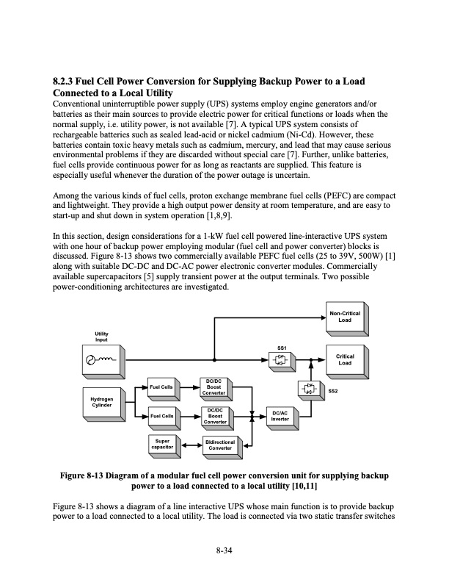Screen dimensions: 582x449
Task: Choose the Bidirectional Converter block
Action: coord(219,445)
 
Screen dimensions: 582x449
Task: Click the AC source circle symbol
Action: coord(91,360)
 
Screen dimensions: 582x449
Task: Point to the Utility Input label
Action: coord(101,337)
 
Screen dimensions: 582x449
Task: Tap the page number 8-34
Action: coord(224,551)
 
